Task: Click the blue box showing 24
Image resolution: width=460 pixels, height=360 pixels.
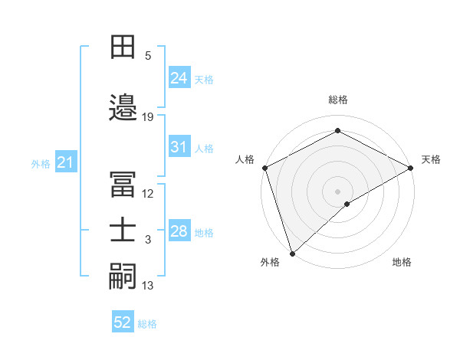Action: [179, 78]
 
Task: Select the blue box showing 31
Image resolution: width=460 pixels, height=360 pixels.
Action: [179, 147]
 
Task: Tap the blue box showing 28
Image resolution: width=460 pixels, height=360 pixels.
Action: [179, 231]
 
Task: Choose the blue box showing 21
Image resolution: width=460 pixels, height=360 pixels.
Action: [65, 162]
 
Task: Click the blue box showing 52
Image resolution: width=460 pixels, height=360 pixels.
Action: [123, 322]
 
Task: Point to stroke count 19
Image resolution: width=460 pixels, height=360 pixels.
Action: [148, 117]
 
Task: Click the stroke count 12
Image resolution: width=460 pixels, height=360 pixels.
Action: [148, 194]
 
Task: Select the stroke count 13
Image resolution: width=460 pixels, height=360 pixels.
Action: [148, 286]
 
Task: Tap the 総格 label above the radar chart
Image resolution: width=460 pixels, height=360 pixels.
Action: [337, 100]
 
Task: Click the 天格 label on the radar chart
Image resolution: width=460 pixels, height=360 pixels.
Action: [431, 159]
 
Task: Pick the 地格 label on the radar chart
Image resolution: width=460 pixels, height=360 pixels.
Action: [402, 262]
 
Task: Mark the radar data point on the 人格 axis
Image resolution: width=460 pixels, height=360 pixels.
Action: [264, 167]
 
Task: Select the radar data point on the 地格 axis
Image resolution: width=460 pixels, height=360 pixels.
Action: [347, 204]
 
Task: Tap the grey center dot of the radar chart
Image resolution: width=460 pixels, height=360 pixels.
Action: [337, 191]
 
